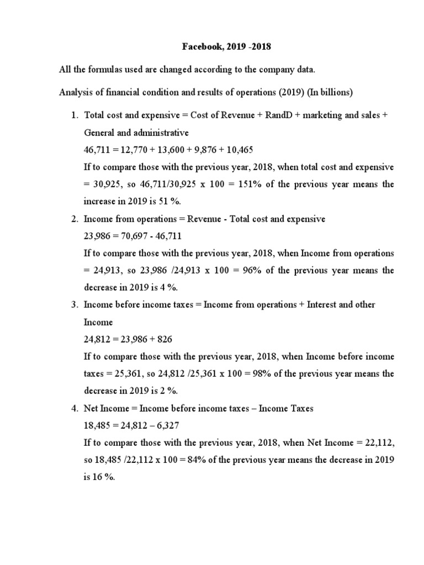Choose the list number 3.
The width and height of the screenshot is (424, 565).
click(x=75, y=305)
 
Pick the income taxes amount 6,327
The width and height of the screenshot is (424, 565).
click(x=165, y=425)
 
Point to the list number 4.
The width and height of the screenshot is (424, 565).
click(x=75, y=408)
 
